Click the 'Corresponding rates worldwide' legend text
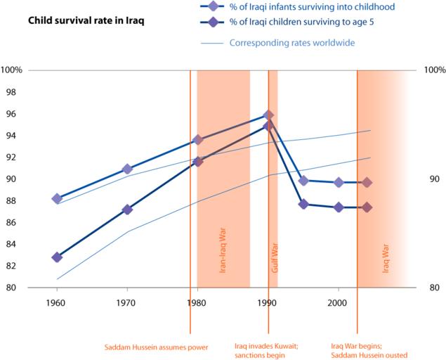(291, 42)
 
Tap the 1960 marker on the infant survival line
(57, 198)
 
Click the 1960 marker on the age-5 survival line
(57, 257)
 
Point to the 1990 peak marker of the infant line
(268, 115)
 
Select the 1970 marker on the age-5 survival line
(127, 210)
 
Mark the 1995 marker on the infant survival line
(303, 181)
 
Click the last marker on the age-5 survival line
(367, 207)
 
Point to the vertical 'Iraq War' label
(385, 259)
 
